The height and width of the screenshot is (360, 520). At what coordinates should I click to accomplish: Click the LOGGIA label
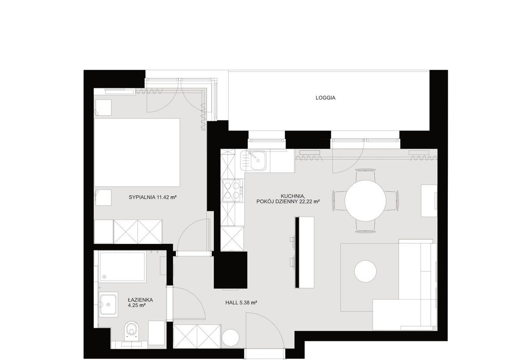pos(325,98)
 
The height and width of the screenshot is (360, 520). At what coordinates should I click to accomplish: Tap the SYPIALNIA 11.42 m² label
pos(152,197)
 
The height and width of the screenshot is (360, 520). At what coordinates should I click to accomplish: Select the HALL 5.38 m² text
pos(241,302)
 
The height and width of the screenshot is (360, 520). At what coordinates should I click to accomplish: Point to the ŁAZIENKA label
pos(140,300)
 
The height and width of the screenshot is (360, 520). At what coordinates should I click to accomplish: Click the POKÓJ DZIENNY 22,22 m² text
pos(288,201)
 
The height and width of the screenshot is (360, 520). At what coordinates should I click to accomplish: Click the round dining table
pos(365,200)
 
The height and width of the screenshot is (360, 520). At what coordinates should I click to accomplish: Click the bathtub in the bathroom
pos(123,267)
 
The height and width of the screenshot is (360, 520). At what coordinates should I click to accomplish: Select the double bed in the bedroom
pos(137,153)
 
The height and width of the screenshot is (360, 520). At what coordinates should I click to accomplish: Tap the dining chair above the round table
pos(365,175)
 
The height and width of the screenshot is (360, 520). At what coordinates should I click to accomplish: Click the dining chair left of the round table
pos(339,200)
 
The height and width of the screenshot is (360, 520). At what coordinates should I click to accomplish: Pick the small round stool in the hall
pos(231,338)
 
